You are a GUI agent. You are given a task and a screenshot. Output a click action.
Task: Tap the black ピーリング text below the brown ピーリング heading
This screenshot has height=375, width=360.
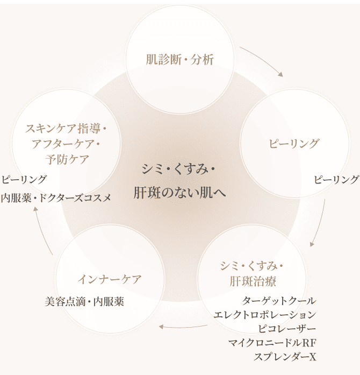click(336, 180)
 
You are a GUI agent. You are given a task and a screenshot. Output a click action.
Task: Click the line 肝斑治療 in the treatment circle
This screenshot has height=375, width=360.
click(252, 280)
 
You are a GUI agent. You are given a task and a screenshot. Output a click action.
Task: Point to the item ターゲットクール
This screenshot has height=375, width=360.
click(279, 300)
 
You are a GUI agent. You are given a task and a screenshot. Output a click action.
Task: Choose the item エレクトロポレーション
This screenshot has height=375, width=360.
click(264, 314)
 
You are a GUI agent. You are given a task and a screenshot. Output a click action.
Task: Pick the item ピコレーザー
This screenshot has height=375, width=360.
click(287, 328)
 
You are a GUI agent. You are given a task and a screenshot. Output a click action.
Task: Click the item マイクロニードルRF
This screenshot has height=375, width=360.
click(272, 342)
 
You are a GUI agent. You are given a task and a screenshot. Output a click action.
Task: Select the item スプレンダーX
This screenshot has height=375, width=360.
click(285, 356)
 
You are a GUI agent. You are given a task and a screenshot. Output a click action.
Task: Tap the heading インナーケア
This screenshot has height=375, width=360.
click(110, 280)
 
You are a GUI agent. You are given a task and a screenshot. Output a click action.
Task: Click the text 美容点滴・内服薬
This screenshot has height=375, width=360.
click(84, 302)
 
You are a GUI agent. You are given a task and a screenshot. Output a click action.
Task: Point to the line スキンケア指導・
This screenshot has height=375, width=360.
click(67, 130)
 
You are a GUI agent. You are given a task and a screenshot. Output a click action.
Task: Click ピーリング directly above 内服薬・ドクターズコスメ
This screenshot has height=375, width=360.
click(24, 179)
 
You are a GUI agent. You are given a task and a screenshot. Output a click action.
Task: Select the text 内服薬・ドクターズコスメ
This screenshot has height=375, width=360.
click(56, 197)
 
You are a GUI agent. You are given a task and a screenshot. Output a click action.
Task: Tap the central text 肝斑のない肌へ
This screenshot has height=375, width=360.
click(179, 192)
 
